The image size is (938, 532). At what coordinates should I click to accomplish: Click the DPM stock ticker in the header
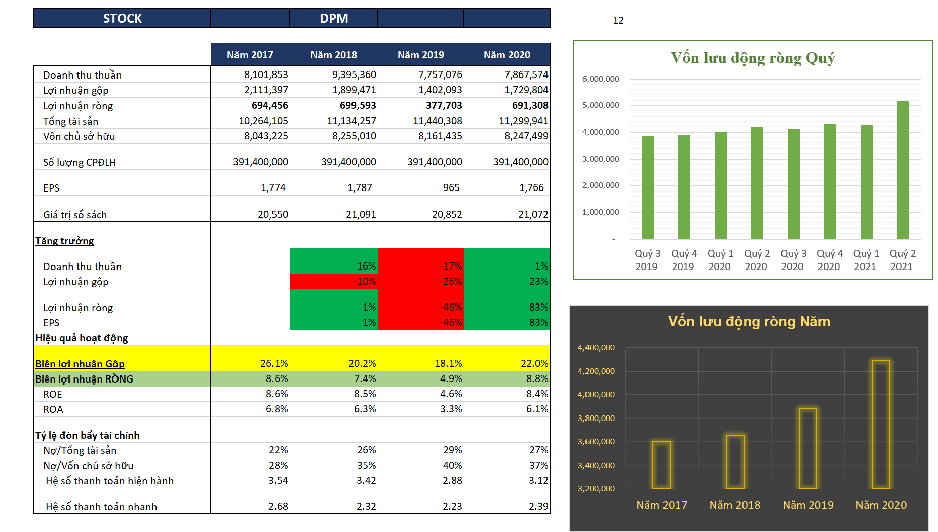click(334, 18)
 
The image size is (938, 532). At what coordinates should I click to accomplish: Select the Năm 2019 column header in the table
click(420, 55)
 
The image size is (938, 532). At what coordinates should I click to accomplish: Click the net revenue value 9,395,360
click(354, 74)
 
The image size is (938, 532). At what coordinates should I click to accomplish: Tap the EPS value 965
click(451, 187)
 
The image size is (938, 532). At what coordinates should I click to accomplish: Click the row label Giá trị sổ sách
click(75, 215)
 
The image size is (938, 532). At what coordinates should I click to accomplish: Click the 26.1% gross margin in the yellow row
click(274, 363)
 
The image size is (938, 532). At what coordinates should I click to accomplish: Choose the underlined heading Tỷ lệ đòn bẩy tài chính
click(88, 435)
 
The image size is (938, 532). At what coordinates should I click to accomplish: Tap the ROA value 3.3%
click(451, 409)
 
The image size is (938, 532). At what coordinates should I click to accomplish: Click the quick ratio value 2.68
click(278, 506)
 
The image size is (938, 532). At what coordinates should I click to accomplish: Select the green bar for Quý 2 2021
click(903, 170)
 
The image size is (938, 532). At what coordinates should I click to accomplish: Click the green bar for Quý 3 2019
click(647, 187)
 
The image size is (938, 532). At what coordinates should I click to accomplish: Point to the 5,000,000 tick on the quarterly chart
click(601, 105)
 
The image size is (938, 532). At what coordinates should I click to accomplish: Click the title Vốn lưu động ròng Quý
click(753, 58)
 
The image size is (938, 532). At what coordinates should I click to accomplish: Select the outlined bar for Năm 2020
click(881, 425)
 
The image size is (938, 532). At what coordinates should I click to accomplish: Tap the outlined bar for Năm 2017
click(661, 465)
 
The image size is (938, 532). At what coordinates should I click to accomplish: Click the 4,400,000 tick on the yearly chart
click(596, 348)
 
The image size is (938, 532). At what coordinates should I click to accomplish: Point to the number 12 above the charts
click(618, 20)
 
